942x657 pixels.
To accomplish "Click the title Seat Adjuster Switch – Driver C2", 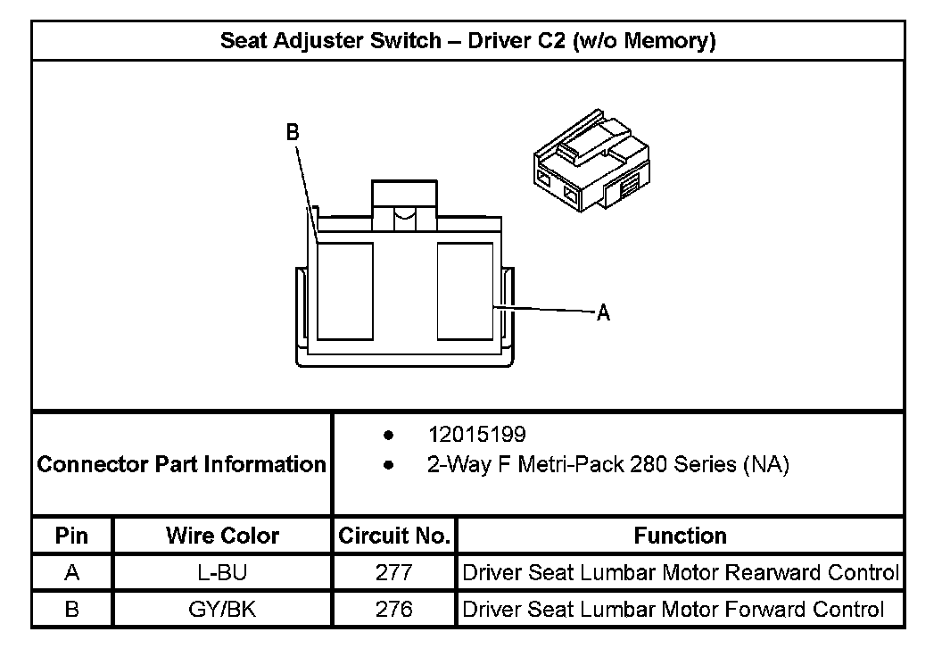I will (x=467, y=41).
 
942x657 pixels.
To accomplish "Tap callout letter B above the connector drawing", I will (x=292, y=132).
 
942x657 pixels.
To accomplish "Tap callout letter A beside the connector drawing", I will (x=603, y=313).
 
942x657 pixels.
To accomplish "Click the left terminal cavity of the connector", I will (x=344, y=291).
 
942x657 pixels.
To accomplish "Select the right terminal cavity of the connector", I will (x=465, y=291).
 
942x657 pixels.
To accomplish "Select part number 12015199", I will (x=476, y=435).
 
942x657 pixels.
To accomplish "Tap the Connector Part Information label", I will (x=182, y=465).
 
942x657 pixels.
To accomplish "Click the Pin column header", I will (x=72, y=536).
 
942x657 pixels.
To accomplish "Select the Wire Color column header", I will (x=222, y=536).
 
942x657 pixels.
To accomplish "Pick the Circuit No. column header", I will (x=393, y=536).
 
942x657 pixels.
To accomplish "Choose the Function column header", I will (x=680, y=536).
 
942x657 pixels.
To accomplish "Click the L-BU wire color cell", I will (x=222, y=572).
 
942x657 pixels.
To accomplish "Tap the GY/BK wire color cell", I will (x=222, y=609).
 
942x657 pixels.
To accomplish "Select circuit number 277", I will (x=393, y=572).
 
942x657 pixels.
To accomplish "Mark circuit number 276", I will (x=393, y=609).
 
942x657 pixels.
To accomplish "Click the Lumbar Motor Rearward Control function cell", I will (x=680, y=572).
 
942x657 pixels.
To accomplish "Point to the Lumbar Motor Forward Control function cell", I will (x=673, y=609).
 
